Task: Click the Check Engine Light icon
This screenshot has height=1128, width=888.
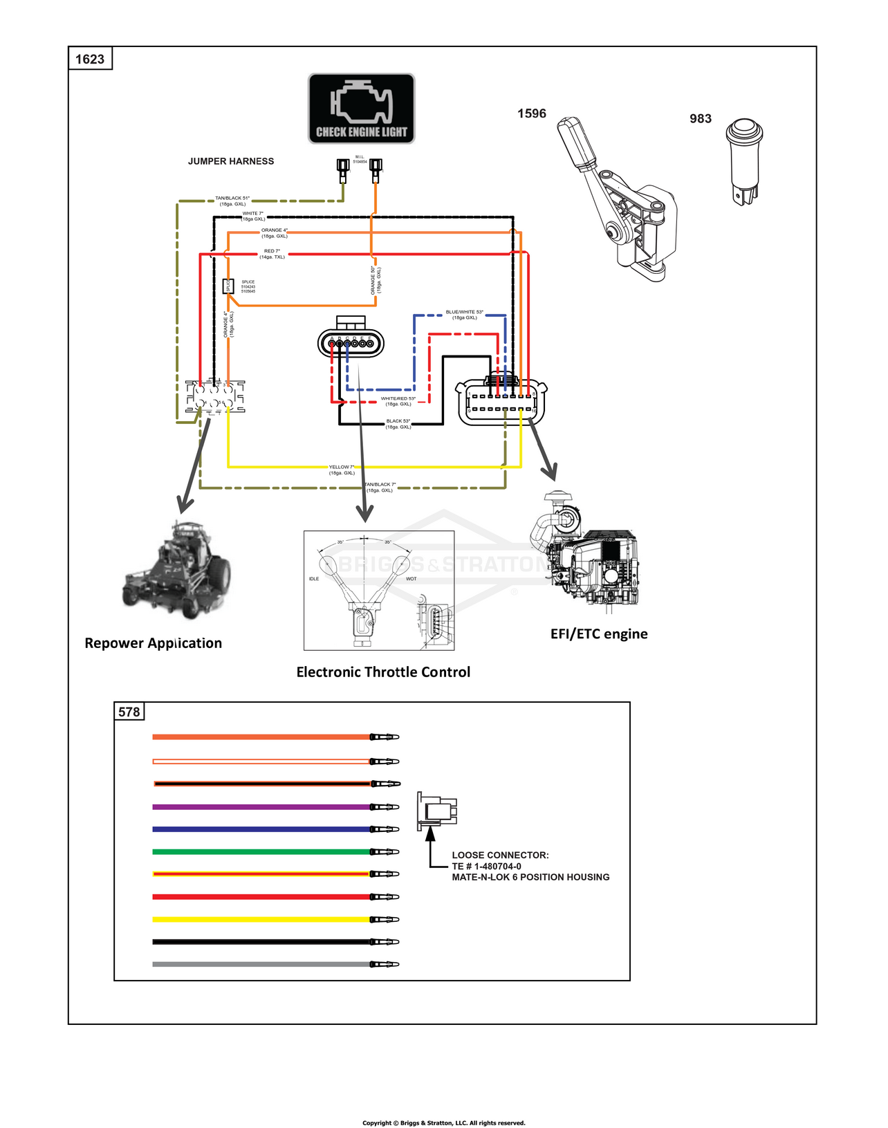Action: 361,109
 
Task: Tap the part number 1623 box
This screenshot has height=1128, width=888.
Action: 90,59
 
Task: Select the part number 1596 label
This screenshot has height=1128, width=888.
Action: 531,113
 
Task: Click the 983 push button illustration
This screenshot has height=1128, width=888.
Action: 743,161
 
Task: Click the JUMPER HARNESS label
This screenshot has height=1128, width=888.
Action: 231,161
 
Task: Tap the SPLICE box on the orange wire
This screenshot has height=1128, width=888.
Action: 228,286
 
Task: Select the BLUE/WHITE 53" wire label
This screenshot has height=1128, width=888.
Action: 464,315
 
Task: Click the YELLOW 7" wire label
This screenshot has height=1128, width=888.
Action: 342,470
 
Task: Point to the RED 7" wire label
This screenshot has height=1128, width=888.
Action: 272,254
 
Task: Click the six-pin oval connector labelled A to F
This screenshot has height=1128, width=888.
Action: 351,342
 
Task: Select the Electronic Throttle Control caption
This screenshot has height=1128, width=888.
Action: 383,672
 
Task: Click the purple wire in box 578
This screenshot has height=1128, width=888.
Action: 263,807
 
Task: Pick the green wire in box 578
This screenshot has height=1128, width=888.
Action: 263,851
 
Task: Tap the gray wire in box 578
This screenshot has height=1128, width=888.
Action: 263,964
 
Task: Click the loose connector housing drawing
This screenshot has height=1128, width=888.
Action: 436,811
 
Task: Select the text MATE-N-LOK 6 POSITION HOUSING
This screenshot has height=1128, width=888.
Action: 530,877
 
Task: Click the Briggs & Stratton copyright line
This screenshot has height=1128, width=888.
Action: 444,1122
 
